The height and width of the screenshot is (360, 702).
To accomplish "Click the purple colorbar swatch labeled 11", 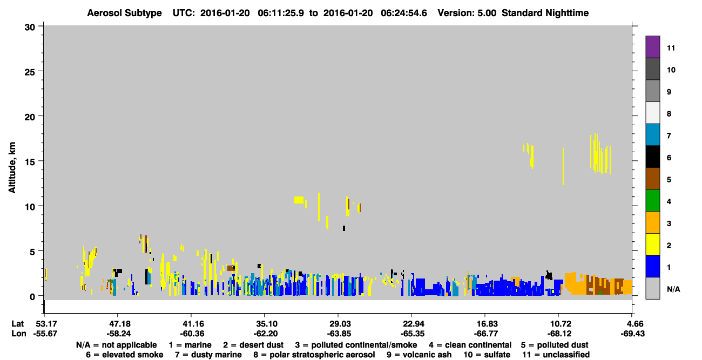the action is pyautogui.click(x=652, y=46).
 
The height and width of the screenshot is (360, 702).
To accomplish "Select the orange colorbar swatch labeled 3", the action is pyautogui.click(x=652, y=222).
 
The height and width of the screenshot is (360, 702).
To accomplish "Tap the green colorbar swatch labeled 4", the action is pyautogui.click(x=652, y=201).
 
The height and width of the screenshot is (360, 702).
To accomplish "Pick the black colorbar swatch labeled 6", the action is pyautogui.click(x=652, y=157).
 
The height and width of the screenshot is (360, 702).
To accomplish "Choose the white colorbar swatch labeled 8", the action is pyautogui.click(x=652, y=113).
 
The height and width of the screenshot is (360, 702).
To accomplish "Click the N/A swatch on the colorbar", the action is pyautogui.click(x=652, y=288).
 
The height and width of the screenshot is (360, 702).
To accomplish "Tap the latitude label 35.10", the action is pyautogui.click(x=266, y=324).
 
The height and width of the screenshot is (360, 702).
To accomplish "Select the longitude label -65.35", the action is pyautogui.click(x=413, y=334).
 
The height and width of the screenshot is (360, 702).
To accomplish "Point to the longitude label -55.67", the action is pyautogui.click(x=45, y=334).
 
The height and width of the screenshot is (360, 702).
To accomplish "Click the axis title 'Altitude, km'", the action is pyautogui.click(x=12, y=167).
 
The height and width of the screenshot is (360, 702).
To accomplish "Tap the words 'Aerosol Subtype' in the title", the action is pyautogui.click(x=124, y=13).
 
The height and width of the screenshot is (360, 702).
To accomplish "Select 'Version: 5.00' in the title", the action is pyautogui.click(x=467, y=13).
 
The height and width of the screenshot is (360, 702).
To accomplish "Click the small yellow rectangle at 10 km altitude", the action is pyautogui.click(x=299, y=200).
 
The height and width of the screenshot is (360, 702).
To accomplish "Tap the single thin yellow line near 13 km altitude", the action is pyautogui.click(x=563, y=166).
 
